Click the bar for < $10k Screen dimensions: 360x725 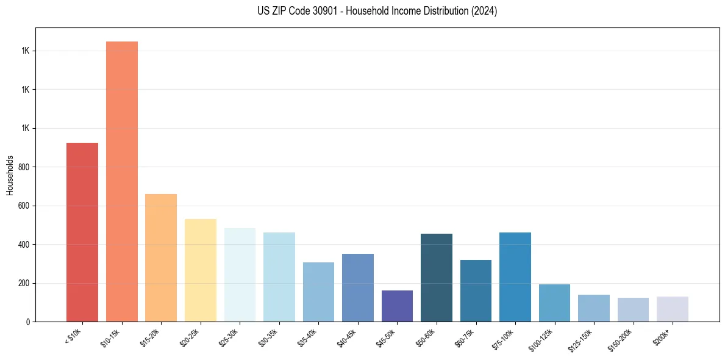coord(82,232)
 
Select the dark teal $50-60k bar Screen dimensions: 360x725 coord(437,278)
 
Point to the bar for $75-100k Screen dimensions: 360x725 coord(515,277)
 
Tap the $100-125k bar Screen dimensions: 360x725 coord(554,303)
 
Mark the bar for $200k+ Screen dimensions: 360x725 coord(673,309)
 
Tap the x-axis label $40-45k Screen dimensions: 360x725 coord(347,336)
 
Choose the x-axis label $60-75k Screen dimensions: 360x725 coord(465,336)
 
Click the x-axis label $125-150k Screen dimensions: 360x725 coord(582,337)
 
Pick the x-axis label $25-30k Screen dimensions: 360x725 coord(229,336)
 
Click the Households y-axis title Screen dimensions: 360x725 coord(10,175)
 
